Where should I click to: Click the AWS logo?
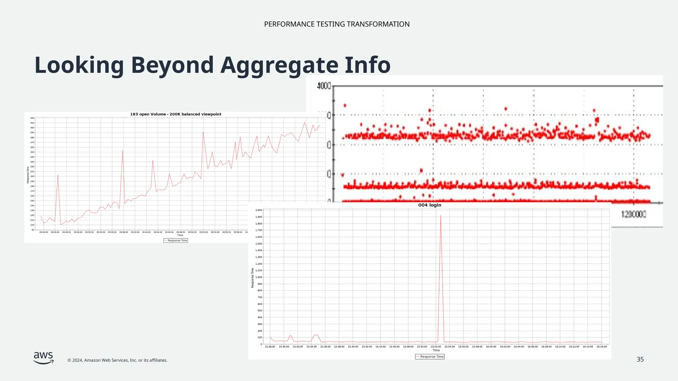[x=43, y=358]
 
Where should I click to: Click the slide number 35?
[x=640, y=360]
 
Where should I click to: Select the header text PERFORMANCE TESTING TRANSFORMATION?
[x=337, y=24]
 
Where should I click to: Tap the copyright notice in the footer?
[x=117, y=360]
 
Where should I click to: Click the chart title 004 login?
[x=429, y=205]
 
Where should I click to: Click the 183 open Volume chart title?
[x=175, y=114]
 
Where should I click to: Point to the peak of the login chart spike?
[x=441, y=216]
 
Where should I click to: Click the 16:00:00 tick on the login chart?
[x=491, y=347]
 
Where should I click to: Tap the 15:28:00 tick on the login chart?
[x=270, y=347]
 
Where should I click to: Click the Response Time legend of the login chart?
[x=430, y=357]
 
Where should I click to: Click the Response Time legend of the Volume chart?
[x=175, y=240]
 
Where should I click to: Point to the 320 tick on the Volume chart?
[x=32, y=118]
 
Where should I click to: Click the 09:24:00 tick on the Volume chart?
[x=44, y=232]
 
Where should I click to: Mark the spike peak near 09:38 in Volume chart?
[x=123, y=150]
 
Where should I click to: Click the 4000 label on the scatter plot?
[x=324, y=86]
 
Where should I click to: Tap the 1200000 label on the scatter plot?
[x=634, y=214]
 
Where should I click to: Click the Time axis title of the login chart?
[x=436, y=350]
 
